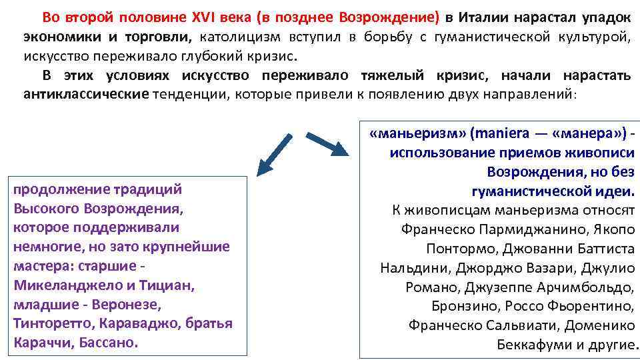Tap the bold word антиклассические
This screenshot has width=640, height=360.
86,94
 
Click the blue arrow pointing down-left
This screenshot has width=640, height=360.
275,154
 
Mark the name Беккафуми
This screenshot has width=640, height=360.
534,345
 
